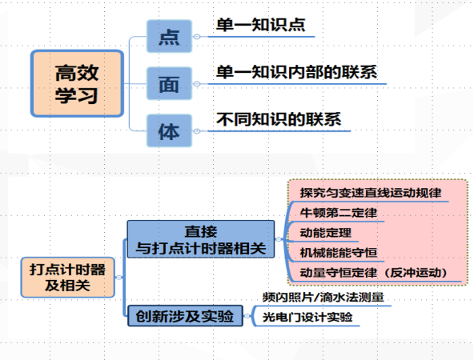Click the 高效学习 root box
click(x=77, y=83)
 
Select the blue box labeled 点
click(x=170, y=37)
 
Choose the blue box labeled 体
click(x=169, y=130)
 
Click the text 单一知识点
click(x=260, y=25)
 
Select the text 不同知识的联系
click(x=279, y=120)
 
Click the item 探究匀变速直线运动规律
click(x=371, y=193)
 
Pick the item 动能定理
click(x=327, y=234)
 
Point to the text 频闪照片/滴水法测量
click(x=323, y=297)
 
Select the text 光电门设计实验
click(x=307, y=318)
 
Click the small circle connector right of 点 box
click(x=197, y=37)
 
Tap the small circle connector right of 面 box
click(x=197, y=85)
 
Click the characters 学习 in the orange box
click(x=77, y=96)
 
